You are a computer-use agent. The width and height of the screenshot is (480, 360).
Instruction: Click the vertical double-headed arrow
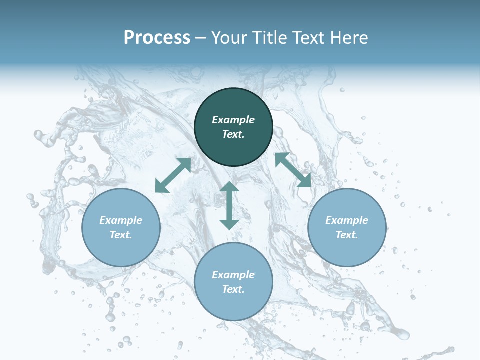[x=229, y=205]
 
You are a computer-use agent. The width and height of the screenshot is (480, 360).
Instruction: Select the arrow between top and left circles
[x=173, y=175]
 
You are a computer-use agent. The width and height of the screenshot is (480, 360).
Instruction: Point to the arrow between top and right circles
[x=293, y=170]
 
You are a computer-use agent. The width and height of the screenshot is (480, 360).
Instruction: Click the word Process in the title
[x=157, y=37]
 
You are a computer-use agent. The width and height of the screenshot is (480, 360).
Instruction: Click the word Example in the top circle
[x=233, y=120]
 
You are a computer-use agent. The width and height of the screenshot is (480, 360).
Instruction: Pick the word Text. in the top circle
[x=233, y=134]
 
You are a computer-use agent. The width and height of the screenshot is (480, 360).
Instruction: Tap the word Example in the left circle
[x=121, y=220]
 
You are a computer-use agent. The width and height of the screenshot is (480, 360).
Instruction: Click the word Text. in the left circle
[x=121, y=235]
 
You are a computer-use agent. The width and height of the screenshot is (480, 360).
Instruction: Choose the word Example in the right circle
[x=347, y=220]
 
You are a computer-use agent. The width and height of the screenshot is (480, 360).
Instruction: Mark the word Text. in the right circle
[x=347, y=235]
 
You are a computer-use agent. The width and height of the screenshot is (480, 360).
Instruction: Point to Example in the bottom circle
[x=233, y=275]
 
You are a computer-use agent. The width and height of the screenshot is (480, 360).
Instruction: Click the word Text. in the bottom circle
[x=233, y=289]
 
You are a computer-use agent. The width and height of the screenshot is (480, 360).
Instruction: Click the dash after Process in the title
[x=201, y=38]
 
